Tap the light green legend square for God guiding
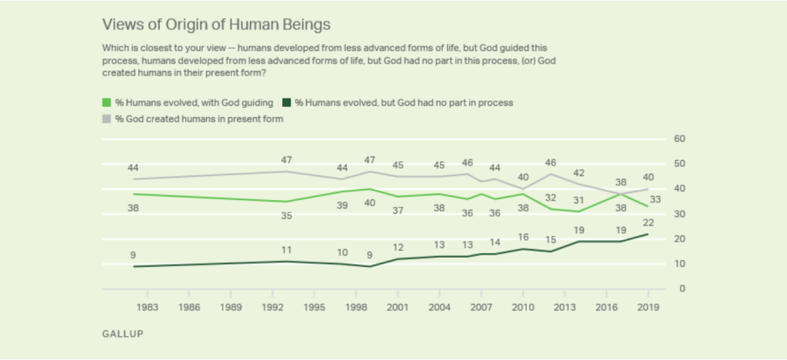[106, 102]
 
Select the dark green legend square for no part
[288, 102]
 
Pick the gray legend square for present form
[106, 118]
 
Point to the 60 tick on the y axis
[679, 138]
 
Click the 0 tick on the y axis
[679, 288]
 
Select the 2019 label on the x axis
[649, 305]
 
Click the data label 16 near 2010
[524, 237]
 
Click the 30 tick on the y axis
[679, 214]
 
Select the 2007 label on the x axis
[482, 305]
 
